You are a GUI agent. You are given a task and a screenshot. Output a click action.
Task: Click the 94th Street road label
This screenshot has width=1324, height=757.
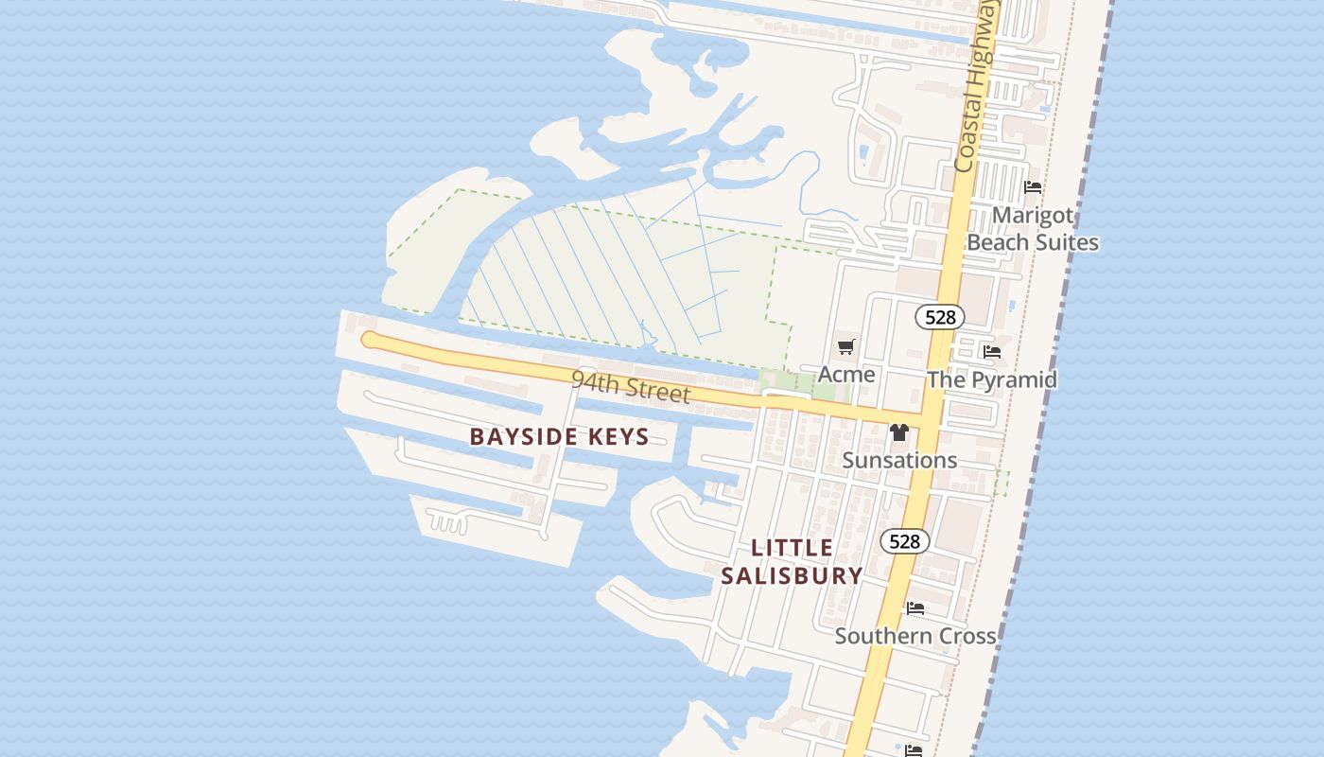(x=631, y=387)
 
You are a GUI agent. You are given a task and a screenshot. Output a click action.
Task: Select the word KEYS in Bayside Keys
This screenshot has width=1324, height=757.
(x=617, y=437)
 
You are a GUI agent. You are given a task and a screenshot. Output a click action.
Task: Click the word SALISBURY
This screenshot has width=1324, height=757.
(x=792, y=575)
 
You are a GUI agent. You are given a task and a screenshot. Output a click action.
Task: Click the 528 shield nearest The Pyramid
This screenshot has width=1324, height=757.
(x=939, y=317)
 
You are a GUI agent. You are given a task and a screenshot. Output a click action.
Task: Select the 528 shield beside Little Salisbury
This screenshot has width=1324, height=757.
(x=904, y=541)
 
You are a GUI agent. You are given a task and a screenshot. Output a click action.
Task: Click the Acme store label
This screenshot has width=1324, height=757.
(x=846, y=375)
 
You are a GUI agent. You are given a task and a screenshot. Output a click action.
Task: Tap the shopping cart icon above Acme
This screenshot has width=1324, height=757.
(x=846, y=347)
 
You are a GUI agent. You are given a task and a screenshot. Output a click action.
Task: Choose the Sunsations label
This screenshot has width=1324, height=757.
(x=899, y=461)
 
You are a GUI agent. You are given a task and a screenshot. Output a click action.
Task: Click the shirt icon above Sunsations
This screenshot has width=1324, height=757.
(x=898, y=433)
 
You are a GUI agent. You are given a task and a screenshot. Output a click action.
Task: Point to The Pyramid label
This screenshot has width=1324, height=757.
(x=991, y=380)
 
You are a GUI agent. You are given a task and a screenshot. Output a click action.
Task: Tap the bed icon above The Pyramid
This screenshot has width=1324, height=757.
(x=991, y=352)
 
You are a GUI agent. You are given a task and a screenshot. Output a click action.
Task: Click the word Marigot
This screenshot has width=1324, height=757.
(x=1033, y=216)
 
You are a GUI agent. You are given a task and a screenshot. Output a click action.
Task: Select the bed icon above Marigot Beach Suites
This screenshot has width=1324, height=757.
(x=1033, y=187)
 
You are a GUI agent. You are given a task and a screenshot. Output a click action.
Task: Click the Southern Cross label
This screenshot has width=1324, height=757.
(x=915, y=636)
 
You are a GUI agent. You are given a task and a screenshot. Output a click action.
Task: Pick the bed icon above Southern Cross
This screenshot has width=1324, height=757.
(x=915, y=608)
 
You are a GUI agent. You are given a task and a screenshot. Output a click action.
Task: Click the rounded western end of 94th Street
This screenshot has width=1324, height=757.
(x=370, y=340)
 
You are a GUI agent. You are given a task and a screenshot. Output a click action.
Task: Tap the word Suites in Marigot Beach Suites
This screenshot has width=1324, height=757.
(x=1067, y=242)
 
